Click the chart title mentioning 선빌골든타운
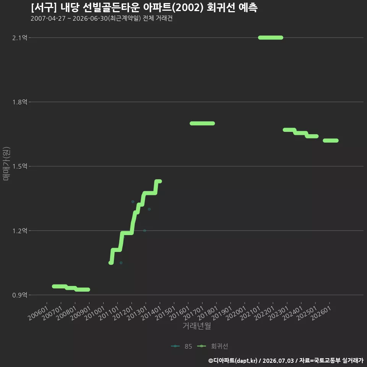[x=144, y=7]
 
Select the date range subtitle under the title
[x=102, y=18]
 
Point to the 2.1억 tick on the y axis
[x=20, y=38]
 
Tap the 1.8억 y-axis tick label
[x=20, y=102]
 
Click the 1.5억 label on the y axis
[x=20, y=166]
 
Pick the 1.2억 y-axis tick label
[x=20, y=231]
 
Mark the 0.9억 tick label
[x=20, y=295]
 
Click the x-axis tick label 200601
[x=38, y=313]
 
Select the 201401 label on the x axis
[x=151, y=313]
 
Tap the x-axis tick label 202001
[x=236, y=313]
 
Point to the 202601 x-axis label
[x=321, y=313]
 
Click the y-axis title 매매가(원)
[x=6, y=164]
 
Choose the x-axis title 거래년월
[x=197, y=326]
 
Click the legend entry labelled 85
[x=182, y=346]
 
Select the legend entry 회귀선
[x=213, y=346]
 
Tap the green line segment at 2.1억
[x=271, y=37]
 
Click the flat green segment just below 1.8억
[x=202, y=123]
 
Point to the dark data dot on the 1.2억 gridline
[x=145, y=231]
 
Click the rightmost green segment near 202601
[x=330, y=140]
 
